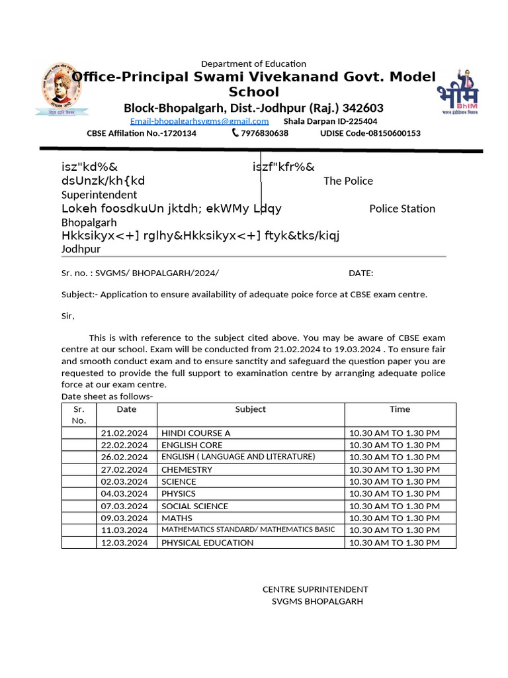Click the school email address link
(199, 121)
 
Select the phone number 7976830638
(265, 133)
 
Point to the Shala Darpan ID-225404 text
(330, 121)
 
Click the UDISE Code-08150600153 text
(370, 133)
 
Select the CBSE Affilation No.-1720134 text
(142, 133)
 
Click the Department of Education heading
(253, 64)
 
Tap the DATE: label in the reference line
(360, 273)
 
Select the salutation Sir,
(68, 316)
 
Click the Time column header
(400, 409)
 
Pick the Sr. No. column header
(79, 414)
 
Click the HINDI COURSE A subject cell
(196, 433)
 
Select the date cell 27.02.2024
(124, 469)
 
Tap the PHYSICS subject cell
(179, 494)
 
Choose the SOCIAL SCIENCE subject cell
(194, 506)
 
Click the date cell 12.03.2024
(124, 543)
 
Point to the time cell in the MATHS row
(394, 518)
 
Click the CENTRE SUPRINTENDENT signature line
(315, 589)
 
